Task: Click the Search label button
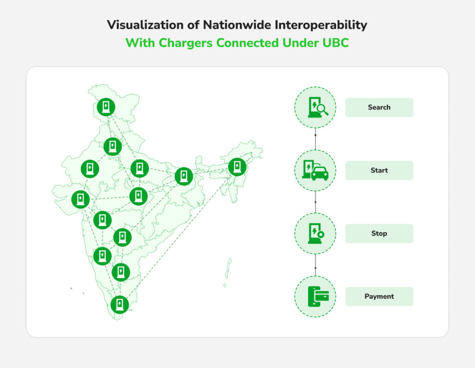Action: [379, 107]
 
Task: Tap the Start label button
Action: [379, 171]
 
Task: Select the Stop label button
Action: [379, 233]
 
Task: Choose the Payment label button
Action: [379, 296]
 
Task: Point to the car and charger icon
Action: [315, 171]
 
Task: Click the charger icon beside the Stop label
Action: [315, 233]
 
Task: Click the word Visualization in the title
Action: [145, 25]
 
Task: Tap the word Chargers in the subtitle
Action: [186, 43]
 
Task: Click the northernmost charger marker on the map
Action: [106, 107]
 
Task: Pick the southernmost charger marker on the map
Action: [120, 304]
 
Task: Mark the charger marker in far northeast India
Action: [237, 167]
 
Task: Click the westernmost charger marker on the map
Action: [81, 199]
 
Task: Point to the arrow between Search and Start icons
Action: [315, 139]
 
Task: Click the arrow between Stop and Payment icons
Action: [315, 265]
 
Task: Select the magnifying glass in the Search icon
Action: [322, 109]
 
